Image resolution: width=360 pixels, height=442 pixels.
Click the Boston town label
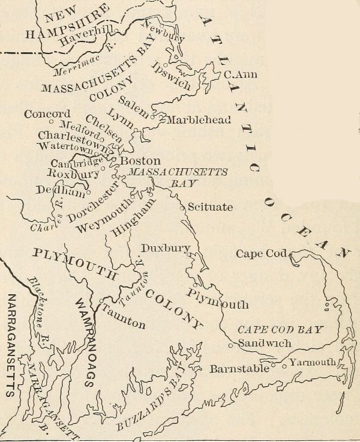(140, 161)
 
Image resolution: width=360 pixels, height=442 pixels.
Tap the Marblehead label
(198, 120)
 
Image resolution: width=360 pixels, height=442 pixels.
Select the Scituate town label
(210, 207)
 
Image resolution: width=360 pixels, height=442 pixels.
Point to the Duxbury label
(166, 247)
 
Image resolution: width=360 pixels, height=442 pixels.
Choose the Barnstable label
(239, 368)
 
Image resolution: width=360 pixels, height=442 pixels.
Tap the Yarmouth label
(312, 362)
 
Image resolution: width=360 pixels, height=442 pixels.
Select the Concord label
(47, 114)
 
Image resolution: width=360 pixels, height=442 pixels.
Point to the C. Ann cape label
(236, 75)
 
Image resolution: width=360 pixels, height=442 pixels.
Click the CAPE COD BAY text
(280, 330)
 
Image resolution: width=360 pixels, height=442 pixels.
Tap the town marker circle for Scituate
(182, 207)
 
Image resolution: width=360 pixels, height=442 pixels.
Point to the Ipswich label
(172, 75)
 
